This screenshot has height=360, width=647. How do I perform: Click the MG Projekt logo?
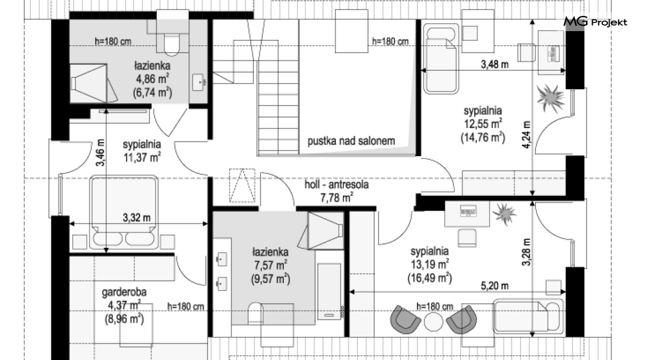(595, 22)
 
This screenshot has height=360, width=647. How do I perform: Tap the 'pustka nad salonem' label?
(351, 141)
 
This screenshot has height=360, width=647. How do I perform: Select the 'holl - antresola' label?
(336, 184)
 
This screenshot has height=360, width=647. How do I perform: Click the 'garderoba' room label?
(124, 292)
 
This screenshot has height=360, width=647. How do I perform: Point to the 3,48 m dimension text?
(495, 64)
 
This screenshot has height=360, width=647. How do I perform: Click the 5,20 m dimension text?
(495, 286)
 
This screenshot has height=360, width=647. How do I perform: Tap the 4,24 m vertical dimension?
(526, 135)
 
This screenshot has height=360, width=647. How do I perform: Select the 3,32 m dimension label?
(137, 217)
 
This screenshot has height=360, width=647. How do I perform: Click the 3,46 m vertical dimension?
(101, 153)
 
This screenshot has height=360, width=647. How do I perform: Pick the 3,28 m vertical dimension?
(526, 252)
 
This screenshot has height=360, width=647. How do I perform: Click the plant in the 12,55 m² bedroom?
(551, 98)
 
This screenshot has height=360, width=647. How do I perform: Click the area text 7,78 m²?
(337, 198)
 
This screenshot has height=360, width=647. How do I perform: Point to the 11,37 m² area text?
(142, 157)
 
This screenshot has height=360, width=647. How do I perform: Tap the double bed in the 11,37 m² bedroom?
(124, 212)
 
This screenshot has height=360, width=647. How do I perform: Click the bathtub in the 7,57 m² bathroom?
(330, 291)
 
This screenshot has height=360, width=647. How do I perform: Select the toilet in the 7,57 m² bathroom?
(256, 314)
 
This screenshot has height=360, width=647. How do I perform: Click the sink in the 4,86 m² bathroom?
(199, 82)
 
